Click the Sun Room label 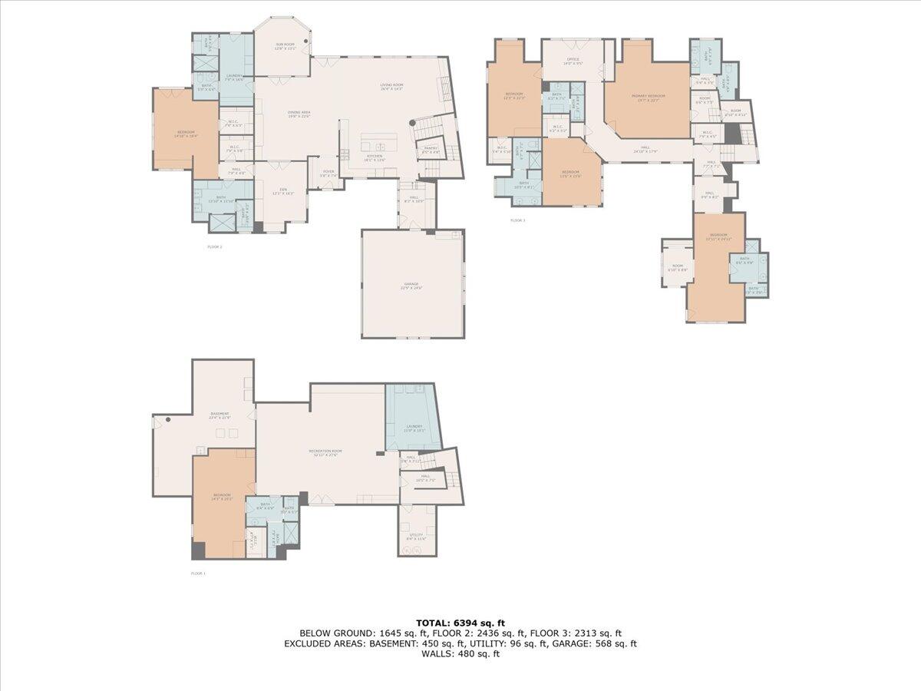point(286,46)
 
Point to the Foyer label point(328,174)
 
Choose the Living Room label point(391,87)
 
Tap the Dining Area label point(299,114)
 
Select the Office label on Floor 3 point(573,60)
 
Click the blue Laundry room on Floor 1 point(414,428)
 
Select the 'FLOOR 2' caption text point(214,247)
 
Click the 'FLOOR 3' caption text point(518,220)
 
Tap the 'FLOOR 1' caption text point(198,574)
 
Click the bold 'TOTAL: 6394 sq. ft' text point(460,623)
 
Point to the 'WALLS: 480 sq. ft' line point(460,654)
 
